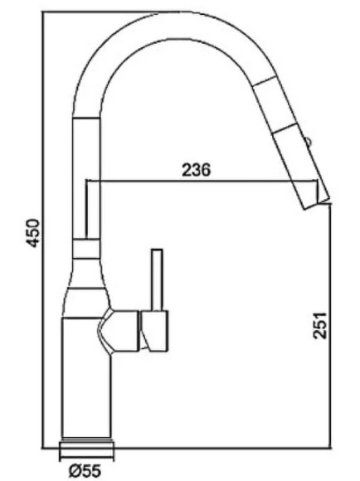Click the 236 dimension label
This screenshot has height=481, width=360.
tap(197, 169)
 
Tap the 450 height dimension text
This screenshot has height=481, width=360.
tap(33, 233)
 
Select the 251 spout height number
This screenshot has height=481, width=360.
tap(319, 325)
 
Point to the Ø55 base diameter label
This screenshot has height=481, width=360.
tap(85, 471)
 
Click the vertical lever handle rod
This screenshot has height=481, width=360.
tap(157, 280)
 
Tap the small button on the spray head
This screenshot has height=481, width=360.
tap(309, 142)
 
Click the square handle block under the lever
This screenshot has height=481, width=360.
tap(154, 331)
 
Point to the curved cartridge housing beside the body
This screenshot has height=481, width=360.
tap(118, 332)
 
